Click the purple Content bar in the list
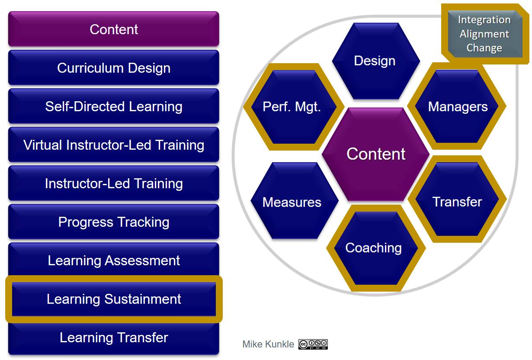coord(113,29)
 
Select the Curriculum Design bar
coord(113,68)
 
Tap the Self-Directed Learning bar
coord(113,106)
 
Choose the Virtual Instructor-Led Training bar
coord(113,145)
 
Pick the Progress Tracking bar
coord(113,222)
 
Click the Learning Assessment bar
coord(113,260)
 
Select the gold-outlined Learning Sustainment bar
coord(114,299)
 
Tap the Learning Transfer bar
coord(113,338)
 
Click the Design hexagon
coord(376,61)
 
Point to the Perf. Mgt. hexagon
coord(294,107)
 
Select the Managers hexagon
coord(457,106)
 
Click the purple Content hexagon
coord(375,154)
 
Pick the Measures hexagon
coord(295,201)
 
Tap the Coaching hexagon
coord(376,248)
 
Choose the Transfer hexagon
coord(457,199)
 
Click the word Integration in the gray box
coord(484,20)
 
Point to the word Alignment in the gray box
coord(484,34)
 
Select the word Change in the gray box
coord(484,48)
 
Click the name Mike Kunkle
coord(268,344)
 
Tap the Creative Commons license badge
coord(313,344)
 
